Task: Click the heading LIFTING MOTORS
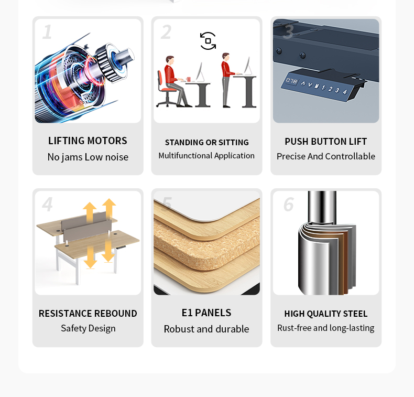coord(88,141)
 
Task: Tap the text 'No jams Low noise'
coord(88,157)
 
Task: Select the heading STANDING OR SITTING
coord(206,142)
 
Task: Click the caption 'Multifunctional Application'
coord(206,156)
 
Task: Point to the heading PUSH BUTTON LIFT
coord(325,141)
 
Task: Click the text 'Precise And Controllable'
coord(325,156)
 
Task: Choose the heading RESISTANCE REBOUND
coord(88,313)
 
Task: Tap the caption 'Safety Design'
coord(88,328)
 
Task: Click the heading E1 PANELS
coord(206,313)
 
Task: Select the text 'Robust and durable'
coord(206,329)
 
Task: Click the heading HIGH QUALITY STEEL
coord(325,314)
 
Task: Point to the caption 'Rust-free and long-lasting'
coord(325,328)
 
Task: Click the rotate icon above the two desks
coord(208,41)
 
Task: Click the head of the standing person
coord(226,56)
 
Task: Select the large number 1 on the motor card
coord(47,32)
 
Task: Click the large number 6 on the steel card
coord(288,204)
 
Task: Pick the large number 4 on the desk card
coord(47,204)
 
